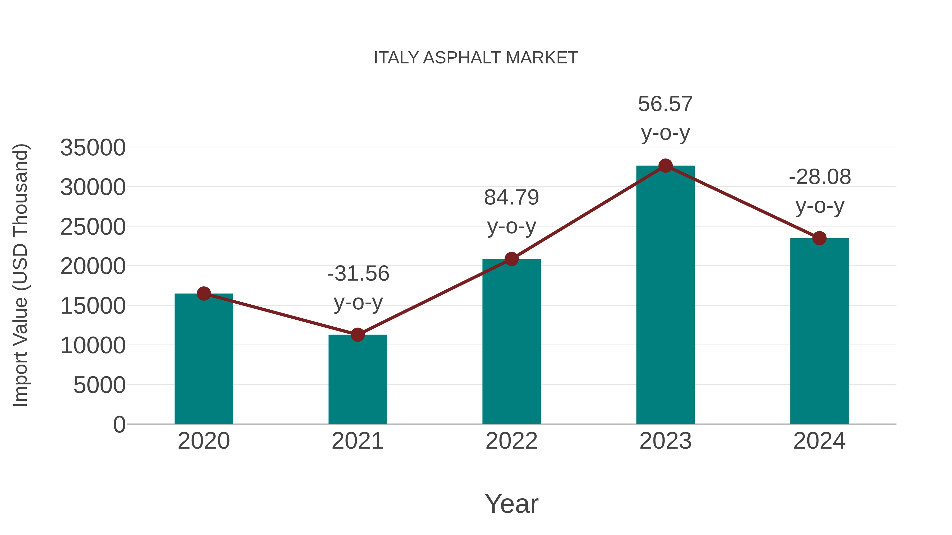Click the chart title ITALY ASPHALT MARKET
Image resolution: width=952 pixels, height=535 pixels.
(476, 58)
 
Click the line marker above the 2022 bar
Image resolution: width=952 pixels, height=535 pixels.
(511, 259)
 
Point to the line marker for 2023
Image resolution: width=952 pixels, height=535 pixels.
(665, 166)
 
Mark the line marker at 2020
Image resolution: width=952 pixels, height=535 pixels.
(204, 294)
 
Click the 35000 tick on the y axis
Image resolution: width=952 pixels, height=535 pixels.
(93, 148)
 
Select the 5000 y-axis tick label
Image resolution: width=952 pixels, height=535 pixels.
(99, 385)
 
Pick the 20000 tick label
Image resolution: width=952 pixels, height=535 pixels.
(93, 266)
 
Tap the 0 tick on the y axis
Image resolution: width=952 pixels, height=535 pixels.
(119, 425)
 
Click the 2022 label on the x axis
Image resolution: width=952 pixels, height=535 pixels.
(511, 441)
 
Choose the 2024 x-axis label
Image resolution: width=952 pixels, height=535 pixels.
(819, 441)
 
